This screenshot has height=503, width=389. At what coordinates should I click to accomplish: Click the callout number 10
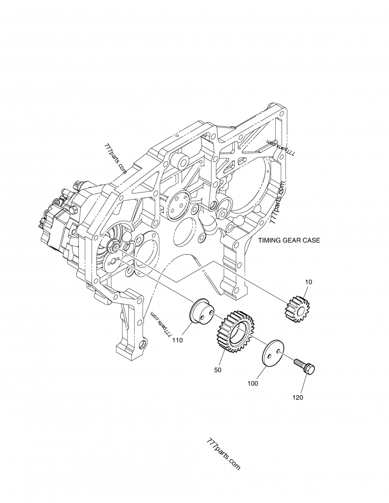pyautogui.click(x=309, y=282)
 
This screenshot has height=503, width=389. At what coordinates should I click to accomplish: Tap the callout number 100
pyautogui.click(x=253, y=384)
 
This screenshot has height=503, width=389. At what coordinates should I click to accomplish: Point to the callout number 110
pyautogui.click(x=177, y=340)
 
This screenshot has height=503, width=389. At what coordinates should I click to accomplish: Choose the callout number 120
pyautogui.click(x=298, y=398)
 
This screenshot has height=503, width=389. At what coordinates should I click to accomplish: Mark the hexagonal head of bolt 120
pyautogui.click(x=310, y=369)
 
